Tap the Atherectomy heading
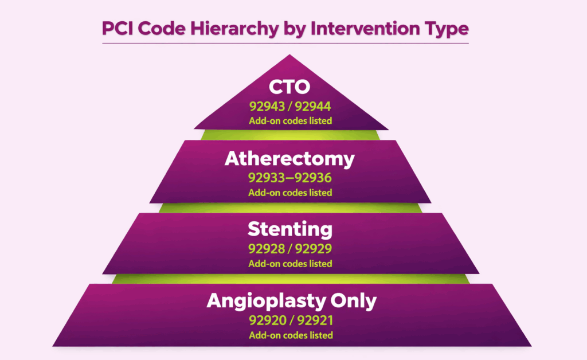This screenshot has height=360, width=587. (x=290, y=159)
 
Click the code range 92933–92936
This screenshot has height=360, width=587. (x=290, y=178)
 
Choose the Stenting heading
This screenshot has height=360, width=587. (x=290, y=230)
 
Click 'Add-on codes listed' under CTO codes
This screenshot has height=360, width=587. (x=290, y=121)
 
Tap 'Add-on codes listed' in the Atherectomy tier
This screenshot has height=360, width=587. (x=290, y=193)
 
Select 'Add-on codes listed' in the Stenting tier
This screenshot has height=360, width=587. (x=290, y=264)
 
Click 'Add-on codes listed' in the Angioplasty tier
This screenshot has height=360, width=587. (x=290, y=335)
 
